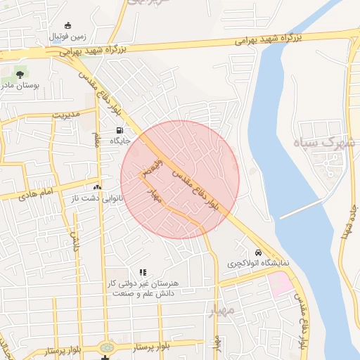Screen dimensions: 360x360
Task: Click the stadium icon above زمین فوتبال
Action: (x=67, y=25)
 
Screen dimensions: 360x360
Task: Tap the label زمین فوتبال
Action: (x=68, y=36)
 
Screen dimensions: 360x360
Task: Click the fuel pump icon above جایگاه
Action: (x=119, y=130)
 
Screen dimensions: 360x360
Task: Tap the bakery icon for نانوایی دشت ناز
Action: (x=96, y=188)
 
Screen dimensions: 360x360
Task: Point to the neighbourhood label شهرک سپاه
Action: (x=326, y=143)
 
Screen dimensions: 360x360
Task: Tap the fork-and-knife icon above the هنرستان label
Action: (x=143, y=272)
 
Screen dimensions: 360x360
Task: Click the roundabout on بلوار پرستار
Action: (x=107, y=347)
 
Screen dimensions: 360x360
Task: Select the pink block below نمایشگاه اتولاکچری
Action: (x=279, y=284)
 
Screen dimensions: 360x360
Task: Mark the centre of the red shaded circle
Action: (x=180, y=179)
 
